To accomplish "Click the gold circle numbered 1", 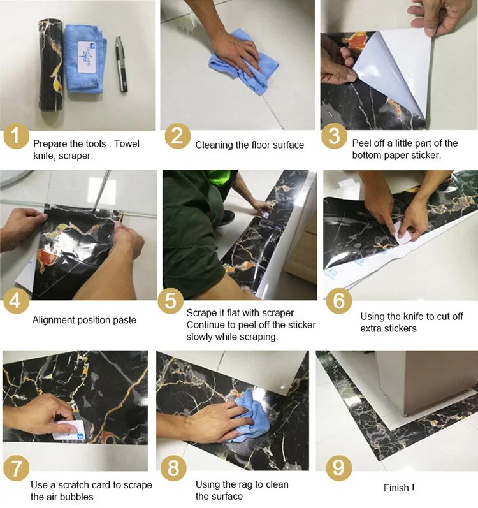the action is click(16, 136).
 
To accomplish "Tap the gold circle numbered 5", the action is click(171, 301).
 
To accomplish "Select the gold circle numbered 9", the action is click(339, 468).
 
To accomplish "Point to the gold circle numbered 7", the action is click(16, 468).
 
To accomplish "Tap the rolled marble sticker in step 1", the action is click(51, 66).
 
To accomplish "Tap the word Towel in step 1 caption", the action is click(127, 143).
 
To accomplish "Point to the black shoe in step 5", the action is click(228, 217).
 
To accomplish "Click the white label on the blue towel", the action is click(87, 56).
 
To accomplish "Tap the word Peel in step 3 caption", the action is click(361, 143).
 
